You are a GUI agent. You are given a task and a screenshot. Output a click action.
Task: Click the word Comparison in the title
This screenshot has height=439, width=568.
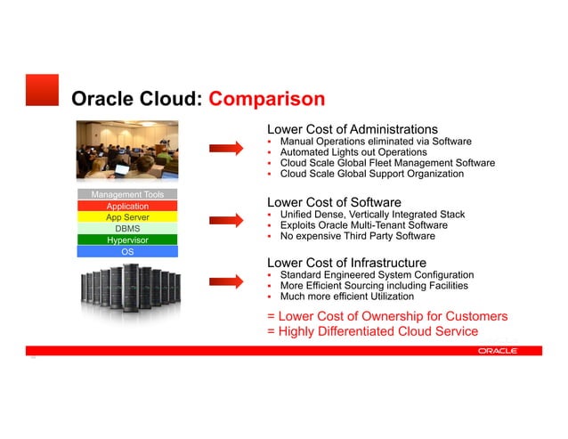point(266,98)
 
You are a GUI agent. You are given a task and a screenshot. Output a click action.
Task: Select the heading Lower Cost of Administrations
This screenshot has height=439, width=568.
point(353,129)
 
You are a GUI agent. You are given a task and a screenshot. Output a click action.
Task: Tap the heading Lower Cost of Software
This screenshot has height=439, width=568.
point(335,202)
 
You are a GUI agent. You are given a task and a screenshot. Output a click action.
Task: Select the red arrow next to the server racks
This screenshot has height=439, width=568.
point(226,282)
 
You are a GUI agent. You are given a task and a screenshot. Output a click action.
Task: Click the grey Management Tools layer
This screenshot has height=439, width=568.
point(127,194)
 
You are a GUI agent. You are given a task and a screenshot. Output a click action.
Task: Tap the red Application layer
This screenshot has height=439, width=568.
point(127,206)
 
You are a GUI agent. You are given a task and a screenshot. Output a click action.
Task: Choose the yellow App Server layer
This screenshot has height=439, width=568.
point(127,217)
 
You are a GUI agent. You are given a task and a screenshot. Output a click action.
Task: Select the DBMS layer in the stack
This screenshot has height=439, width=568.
point(127,229)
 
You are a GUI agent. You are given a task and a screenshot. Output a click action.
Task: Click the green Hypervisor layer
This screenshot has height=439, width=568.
point(127,240)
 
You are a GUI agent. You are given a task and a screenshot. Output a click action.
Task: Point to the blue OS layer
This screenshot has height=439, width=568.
point(127,252)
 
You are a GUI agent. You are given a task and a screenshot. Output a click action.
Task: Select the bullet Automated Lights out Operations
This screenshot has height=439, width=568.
point(353,152)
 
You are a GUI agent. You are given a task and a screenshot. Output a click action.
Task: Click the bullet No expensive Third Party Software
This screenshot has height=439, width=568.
point(357,236)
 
